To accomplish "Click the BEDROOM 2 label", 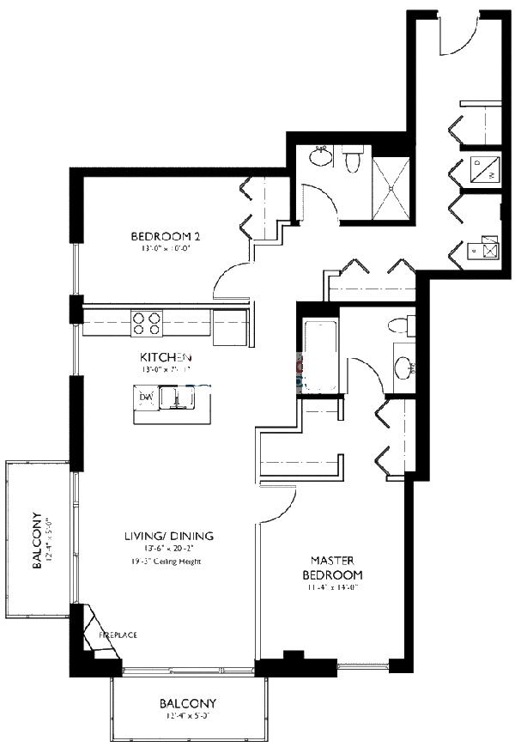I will (166, 236).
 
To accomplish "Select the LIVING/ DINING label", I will (168, 536).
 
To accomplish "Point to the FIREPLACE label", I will (118, 635).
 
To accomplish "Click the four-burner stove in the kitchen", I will (145, 323).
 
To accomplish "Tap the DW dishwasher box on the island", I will (145, 398).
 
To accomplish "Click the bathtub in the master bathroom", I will (318, 355).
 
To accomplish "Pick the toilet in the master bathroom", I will (398, 325).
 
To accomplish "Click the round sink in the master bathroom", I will (402, 367).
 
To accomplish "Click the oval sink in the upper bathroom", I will (319, 158).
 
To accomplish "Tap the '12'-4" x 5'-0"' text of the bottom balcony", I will (185, 713).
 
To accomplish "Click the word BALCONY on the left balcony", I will (37, 542).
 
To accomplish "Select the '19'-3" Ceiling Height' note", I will (168, 562).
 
